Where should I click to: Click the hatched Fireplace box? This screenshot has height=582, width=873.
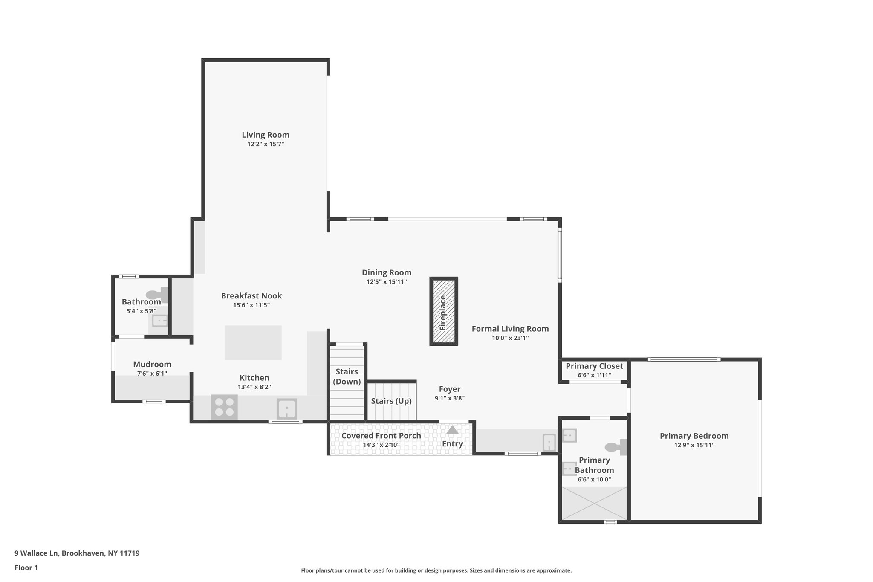pos(443,311)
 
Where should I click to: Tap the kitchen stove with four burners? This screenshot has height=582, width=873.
pos(224,407)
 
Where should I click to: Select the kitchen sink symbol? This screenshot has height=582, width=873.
pos(287,409)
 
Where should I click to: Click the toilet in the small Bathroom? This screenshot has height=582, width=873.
pos(157,295)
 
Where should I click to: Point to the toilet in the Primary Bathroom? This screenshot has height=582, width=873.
pos(616,447)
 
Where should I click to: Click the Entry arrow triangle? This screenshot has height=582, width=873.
pos(452,430)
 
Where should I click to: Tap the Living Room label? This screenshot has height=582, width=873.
pos(266,135)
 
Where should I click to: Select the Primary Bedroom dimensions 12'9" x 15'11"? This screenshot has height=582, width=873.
pos(694,445)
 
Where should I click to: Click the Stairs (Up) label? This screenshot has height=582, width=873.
pos(391,401)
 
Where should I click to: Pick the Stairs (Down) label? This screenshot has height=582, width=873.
pos(347,376)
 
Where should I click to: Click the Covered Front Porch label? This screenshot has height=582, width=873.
pos(381,435)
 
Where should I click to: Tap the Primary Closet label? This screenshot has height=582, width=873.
pos(594,366)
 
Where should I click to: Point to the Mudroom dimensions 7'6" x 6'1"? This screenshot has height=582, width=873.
pos(152,374)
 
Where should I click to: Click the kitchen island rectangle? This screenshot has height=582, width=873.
pos(253,342)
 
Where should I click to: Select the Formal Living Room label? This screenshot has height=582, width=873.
pos(510,329)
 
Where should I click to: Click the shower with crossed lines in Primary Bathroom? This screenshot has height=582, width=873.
pos(594,503)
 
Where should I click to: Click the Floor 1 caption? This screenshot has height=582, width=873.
pos(26,568)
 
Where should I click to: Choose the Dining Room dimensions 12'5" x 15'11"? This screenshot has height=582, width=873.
pos(387,282)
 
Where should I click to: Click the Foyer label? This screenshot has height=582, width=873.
pos(450,389)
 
